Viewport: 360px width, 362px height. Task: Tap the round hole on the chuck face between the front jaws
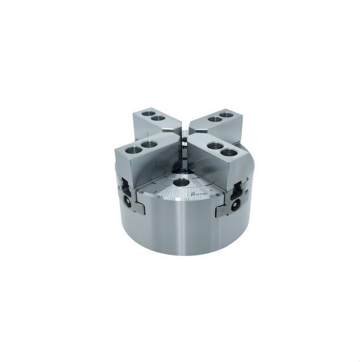(x=181, y=183)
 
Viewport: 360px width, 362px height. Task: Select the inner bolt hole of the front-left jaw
(x=149, y=145)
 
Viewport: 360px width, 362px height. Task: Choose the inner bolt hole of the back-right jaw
(x=213, y=119)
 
